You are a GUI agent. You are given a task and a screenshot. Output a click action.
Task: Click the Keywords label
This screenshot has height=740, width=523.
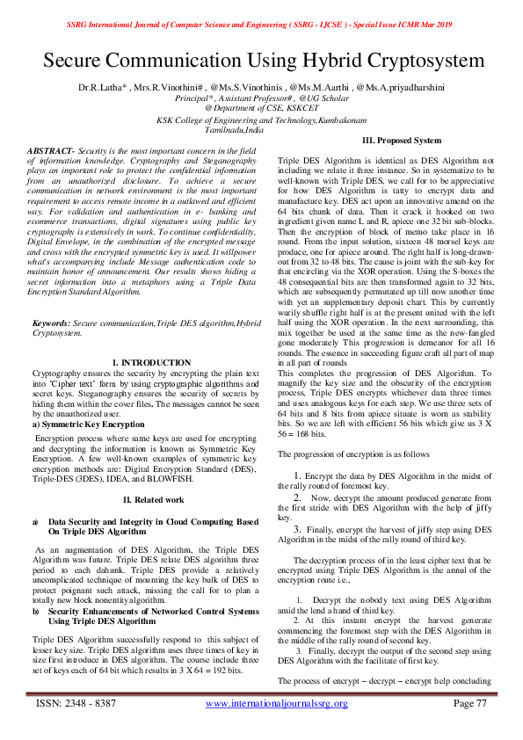point(51,324)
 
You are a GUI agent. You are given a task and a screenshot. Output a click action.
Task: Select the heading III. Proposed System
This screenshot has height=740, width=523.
point(402,141)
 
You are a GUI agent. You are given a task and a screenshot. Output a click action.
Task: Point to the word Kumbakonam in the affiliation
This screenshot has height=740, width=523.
point(331,119)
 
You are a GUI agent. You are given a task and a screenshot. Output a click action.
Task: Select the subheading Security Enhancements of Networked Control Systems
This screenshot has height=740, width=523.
point(153,610)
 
